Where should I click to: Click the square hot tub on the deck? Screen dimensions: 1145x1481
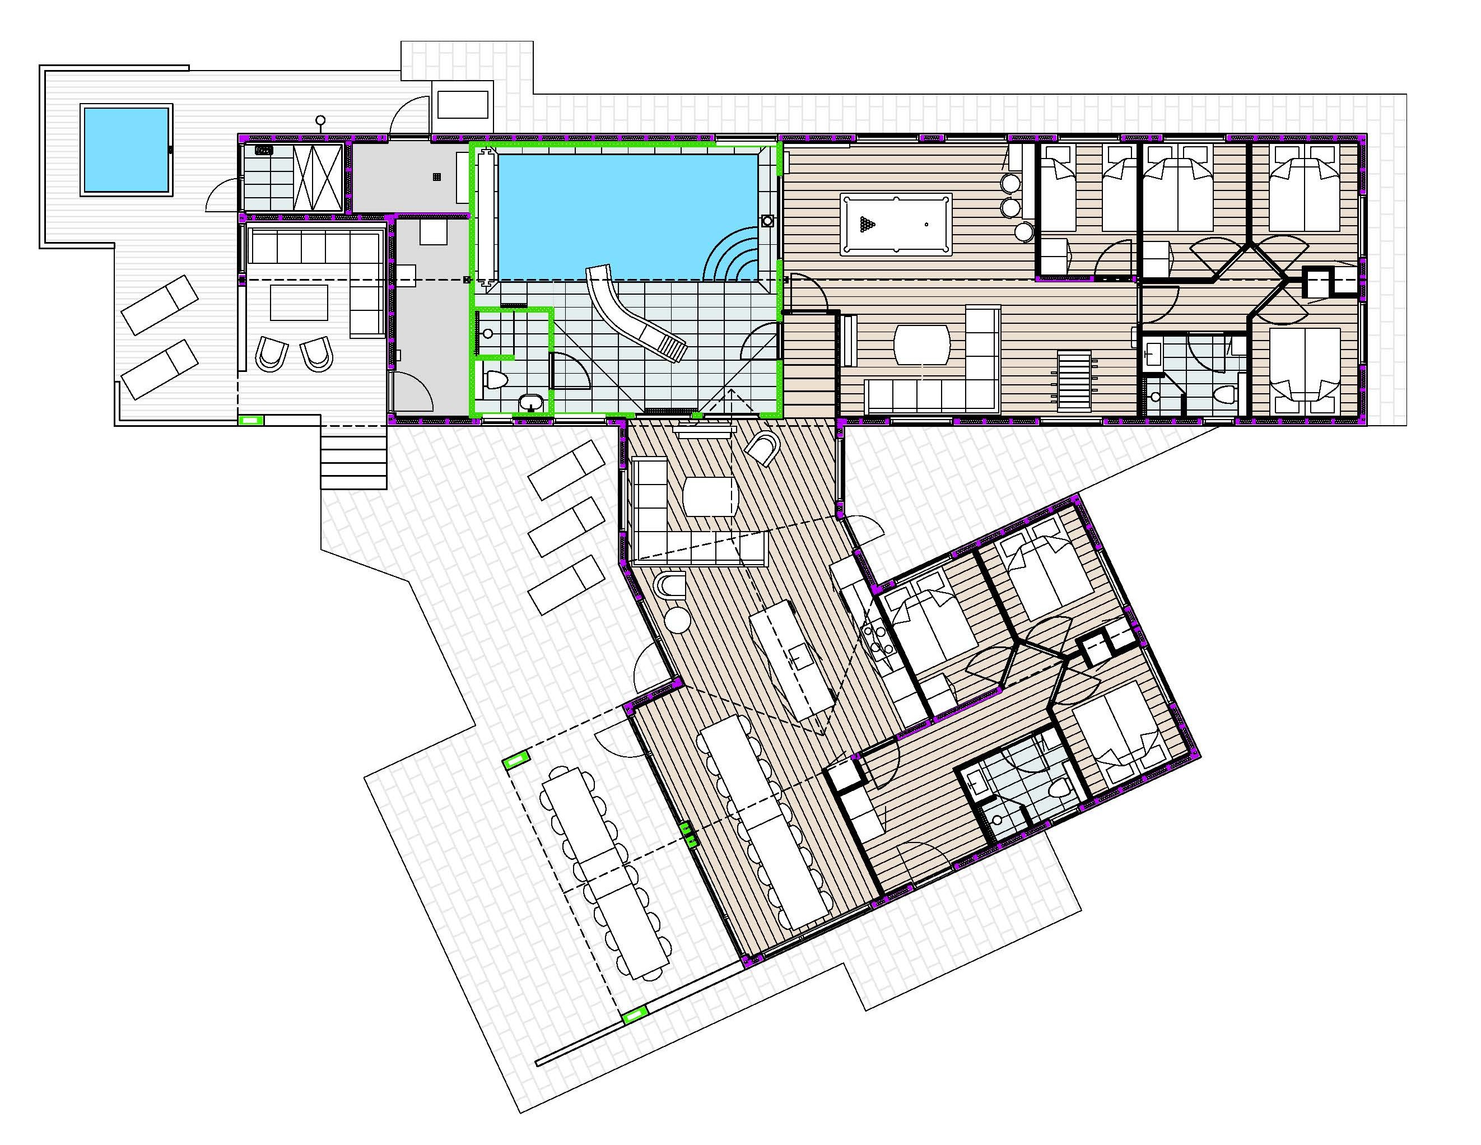click(x=126, y=149)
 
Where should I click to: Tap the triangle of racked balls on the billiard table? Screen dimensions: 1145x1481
click(x=867, y=224)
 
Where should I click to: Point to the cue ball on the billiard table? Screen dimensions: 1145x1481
click(x=926, y=224)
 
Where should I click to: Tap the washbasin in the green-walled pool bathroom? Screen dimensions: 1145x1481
click(x=531, y=403)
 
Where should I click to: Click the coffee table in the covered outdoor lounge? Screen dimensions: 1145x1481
click(x=299, y=302)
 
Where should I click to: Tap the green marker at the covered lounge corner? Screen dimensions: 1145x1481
click(x=252, y=421)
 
